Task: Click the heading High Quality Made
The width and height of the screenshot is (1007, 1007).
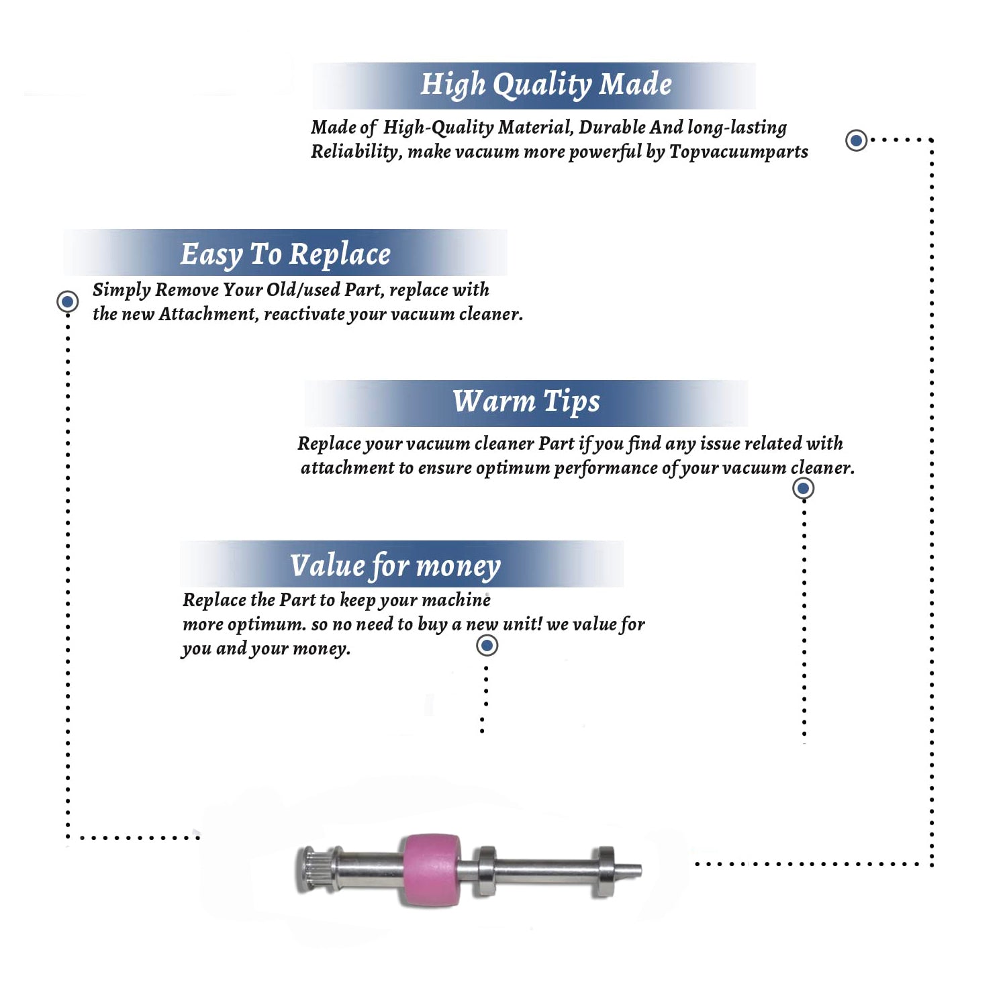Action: pos(546,85)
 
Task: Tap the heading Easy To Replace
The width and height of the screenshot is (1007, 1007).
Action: pos(285,255)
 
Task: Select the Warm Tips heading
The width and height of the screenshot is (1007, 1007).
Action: pos(526,401)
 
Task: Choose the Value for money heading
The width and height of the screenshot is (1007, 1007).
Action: pos(395,565)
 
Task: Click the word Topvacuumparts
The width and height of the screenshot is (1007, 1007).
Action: pos(738,152)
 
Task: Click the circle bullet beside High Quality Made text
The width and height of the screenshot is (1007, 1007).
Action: pos(856,140)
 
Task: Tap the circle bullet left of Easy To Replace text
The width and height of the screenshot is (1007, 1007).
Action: pos(67,301)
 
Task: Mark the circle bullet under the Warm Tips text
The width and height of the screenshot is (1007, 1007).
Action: pos(804,488)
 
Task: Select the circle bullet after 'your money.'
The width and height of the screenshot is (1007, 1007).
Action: pos(487,646)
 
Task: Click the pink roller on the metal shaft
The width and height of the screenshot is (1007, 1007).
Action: pos(432,870)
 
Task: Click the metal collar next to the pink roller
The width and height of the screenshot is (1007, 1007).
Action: pos(485,871)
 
